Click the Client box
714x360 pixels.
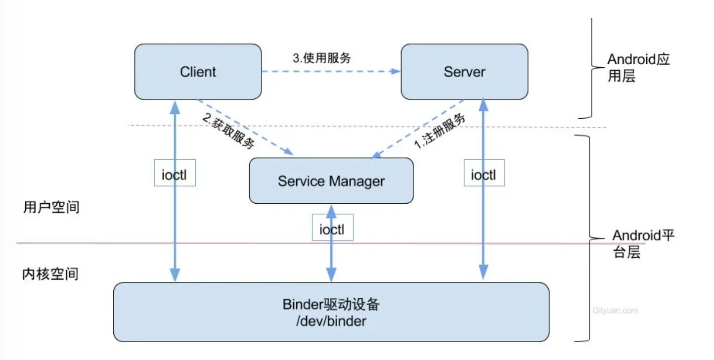[198, 72]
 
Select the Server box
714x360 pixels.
[464, 72]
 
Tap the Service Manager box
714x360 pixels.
[331, 181]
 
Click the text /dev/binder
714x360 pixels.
[331, 321]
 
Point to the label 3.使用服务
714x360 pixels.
[321, 58]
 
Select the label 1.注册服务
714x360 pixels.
[440, 131]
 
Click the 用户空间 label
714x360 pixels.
[51, 207]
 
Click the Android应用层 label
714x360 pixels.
[638, 68]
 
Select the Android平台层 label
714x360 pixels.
[643, 243]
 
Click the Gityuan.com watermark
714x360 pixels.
[615, 311]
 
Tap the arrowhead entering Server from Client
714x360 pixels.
[395, 71]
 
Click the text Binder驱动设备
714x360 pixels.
[331, 304]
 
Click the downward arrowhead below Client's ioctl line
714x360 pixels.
[175, 275]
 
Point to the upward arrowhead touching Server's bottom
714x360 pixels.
[484, 104]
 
